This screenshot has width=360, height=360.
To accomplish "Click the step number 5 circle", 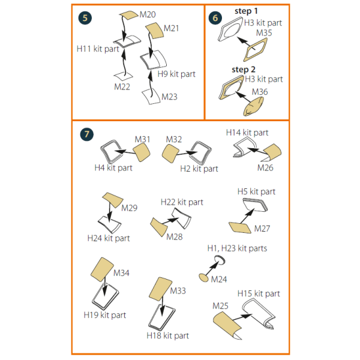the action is (85, 18).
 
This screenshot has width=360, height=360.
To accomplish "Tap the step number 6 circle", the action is (215, 18).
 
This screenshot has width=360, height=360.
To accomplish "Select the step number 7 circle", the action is (87, 134).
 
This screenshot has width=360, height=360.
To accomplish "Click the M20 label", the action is (148, 14).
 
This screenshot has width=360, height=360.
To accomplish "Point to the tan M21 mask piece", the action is (155, 31).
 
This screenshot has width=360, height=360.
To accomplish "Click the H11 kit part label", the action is (98, 49).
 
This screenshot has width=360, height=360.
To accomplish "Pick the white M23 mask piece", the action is (151, 96).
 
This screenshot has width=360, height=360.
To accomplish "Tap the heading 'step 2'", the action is (244, 70).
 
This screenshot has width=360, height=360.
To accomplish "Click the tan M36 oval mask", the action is (253, 107).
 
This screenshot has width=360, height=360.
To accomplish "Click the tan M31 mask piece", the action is (142, 152).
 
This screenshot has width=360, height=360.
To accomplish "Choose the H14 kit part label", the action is (247, 133).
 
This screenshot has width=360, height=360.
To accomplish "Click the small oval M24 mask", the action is (203, 278).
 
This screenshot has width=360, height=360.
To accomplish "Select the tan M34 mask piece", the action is (102, 269).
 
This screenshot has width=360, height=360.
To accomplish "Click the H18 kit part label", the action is (167, 335).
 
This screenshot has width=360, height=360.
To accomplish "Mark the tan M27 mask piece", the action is (240, 228).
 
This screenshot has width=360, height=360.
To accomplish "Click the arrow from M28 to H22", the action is (170, 221).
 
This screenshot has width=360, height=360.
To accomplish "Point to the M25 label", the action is (220, 306).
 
